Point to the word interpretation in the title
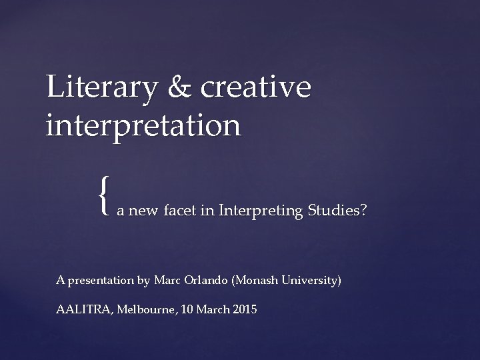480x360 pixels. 143,125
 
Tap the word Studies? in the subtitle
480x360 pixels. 337,212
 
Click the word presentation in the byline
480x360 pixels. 100,281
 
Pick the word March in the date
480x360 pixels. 209,310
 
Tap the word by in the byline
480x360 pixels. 143,281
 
